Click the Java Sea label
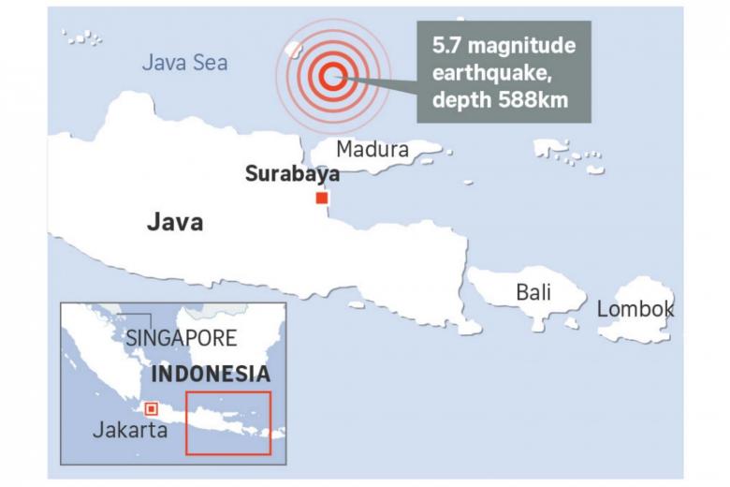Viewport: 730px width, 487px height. pyautogui.click(x=184, y=63)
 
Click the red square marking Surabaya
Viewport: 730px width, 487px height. pyautogui.click(x=322, y=198)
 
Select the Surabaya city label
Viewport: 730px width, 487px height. pyautogui.click(x=291, y=173)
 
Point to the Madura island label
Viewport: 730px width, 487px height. pyautogui.click(x=372, y=149)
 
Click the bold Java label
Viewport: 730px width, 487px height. pyautogui.click(x=175, y=223)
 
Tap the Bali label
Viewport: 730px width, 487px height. pyautogui.click(x=533, y=292)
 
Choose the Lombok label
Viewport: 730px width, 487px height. pyautogui.click(x=635, y=308)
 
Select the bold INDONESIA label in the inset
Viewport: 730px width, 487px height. pyautogui.click(x=211, y=374)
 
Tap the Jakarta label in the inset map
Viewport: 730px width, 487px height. pyautogui.click(x=130, y=431)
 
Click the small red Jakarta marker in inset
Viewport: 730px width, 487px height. pyautogui.click(x=151, y=408)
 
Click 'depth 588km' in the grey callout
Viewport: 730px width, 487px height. pyautogui.click(x=504, y=100)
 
